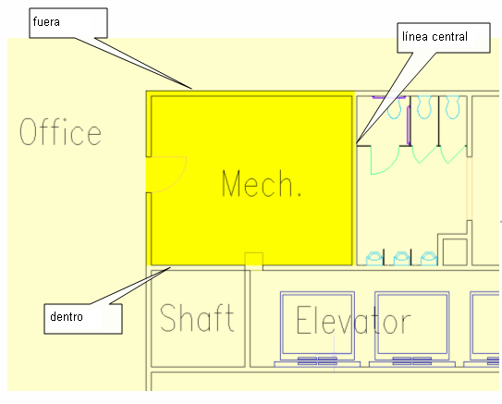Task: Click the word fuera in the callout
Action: [x=46, y=22]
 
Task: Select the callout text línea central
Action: [x=435, y=36]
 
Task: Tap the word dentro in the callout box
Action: [x=67, y=316]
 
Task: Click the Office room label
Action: [x=60, y=131]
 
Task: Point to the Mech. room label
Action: [x=262, y=183]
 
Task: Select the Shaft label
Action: [x=197, y=318]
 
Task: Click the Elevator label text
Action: [x=353, y=320]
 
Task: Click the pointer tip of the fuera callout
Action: [x=191, y=89]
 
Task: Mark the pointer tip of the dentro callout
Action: [x=170, y=267]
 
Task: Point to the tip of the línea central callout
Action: [x=357, y=142]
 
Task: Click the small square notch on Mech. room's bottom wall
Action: [x=254, y=262]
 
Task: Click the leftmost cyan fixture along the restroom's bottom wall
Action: [x=374, y=258]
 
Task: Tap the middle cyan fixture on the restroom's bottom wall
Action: [x=402, y=258]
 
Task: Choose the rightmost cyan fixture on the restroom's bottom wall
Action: [x=429, y=258]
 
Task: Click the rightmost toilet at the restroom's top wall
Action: [x=453, y=107]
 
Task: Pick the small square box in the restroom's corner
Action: [x=455, y=252]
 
